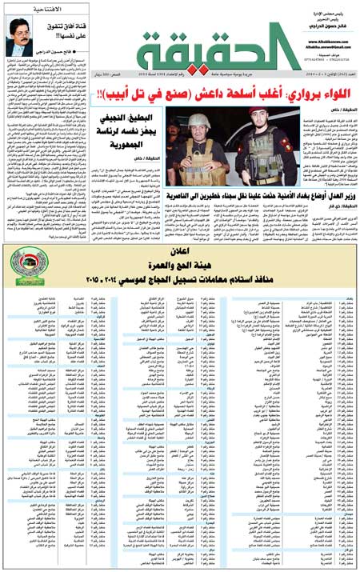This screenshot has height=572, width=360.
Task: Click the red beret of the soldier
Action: point(240,120)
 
